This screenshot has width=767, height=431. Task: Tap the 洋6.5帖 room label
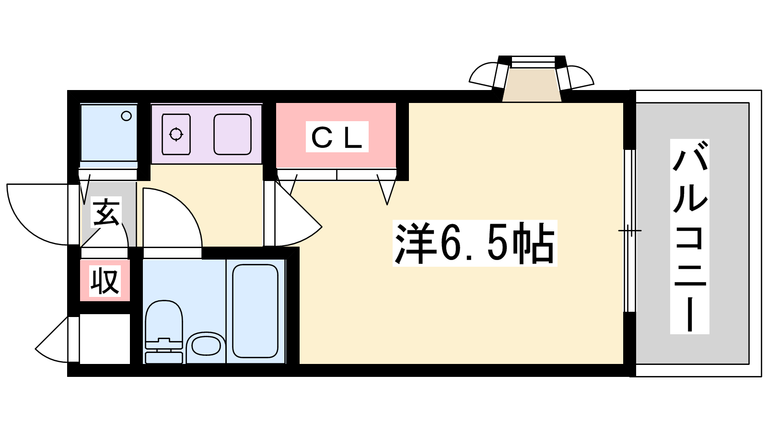475,243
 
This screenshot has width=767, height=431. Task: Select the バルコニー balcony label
689,237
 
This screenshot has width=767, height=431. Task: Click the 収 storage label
105,281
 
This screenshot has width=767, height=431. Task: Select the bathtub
255,311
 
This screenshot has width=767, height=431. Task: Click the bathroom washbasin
206,346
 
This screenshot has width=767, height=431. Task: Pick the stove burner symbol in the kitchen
176,134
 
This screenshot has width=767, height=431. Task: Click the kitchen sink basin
232,134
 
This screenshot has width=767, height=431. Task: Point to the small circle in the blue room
127,116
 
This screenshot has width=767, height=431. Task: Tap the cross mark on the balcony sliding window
629,231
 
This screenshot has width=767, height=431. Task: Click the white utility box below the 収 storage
105,339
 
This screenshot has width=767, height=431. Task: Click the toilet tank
163,357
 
